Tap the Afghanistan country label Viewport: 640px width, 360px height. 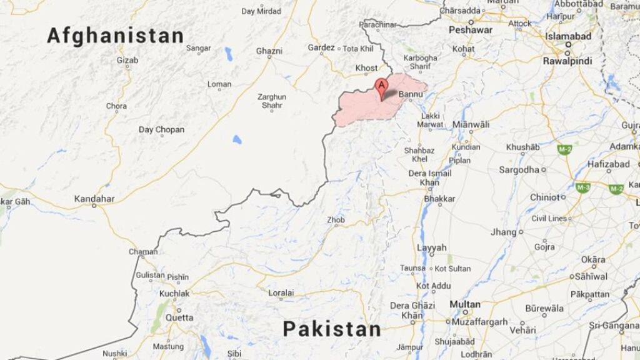(x=116, y=36)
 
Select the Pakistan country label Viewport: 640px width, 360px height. (x=331, y=329)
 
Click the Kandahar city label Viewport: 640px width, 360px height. (x=94, y=199)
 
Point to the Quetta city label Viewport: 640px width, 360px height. (x=179, y=317)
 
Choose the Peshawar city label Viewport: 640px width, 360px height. (x=470, y=30)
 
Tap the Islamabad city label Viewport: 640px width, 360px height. (x=568, y=36)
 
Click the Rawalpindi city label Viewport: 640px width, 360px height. (x=567, y=61)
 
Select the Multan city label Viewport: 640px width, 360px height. (x=465, y=304)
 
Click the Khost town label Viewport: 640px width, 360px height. (x=366, y=68)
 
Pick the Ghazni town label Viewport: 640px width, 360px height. (x=269, y=51)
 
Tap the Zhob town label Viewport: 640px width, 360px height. (x=336, y=220)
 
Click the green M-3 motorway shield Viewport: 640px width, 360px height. (x=583, y=187)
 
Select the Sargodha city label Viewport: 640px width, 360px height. (x=519, y=169)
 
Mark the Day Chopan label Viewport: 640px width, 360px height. (x=161, y=129)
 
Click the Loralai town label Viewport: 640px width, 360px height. (x=281, y=292)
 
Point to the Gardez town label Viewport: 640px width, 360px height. (x=321, y=47)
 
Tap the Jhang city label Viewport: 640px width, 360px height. (x=504, y=232)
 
